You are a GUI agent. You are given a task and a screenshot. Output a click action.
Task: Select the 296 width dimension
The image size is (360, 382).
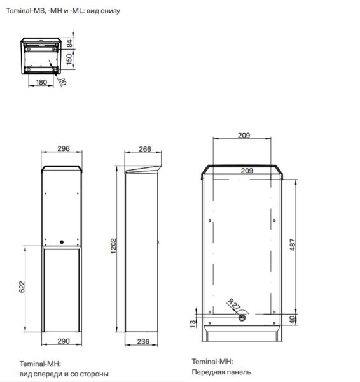(63, 149)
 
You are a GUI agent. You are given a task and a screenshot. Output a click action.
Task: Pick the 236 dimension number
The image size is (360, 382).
(144, 342)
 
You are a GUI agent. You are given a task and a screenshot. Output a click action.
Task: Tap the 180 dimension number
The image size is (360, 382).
(41, 82)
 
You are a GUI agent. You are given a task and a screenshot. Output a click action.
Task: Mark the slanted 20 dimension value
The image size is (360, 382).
(62, 81)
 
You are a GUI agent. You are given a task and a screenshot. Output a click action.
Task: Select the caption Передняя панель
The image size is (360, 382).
(221, 372)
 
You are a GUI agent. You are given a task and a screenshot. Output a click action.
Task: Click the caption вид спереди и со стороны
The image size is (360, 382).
(64, 374)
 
